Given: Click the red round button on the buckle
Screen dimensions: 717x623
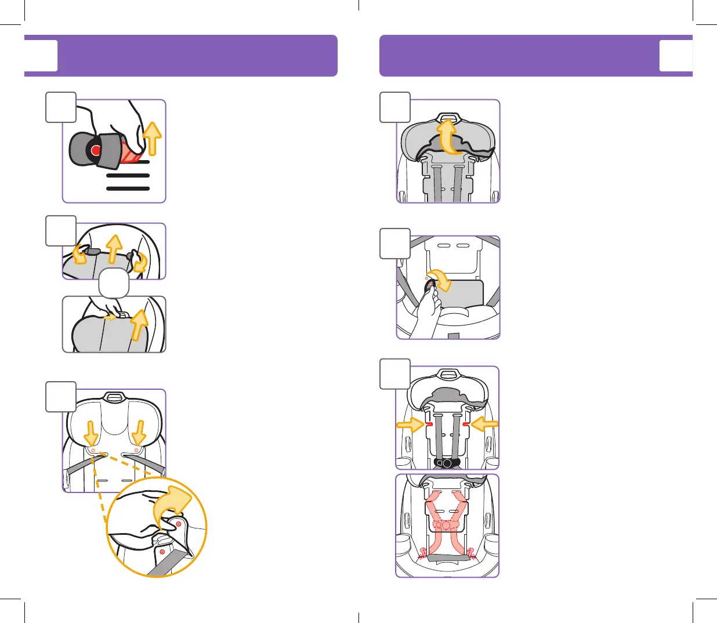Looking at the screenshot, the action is coord(96,151).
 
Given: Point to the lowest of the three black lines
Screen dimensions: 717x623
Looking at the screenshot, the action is coord(128,189).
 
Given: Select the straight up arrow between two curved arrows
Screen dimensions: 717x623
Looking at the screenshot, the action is coord(115,248).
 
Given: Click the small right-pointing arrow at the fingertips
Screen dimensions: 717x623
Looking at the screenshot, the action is coord(109,317).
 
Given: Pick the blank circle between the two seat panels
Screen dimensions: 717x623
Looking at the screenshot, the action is coord(114,283).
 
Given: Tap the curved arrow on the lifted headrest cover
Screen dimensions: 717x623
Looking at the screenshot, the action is coord(447,136).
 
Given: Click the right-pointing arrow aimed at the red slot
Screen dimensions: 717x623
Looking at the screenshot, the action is coord(410,425).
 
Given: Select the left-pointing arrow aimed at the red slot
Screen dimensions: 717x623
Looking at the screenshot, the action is coord(484,425).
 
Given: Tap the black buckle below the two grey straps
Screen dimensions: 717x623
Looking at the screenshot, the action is coord(447,463).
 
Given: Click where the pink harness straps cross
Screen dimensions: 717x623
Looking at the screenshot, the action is coord(447,525).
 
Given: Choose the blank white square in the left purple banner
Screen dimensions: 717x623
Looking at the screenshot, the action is coord(41,56).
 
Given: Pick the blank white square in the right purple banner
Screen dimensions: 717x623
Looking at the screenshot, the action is coord(676,56).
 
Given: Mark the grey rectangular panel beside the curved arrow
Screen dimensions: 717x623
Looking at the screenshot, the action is coord(464,293).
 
